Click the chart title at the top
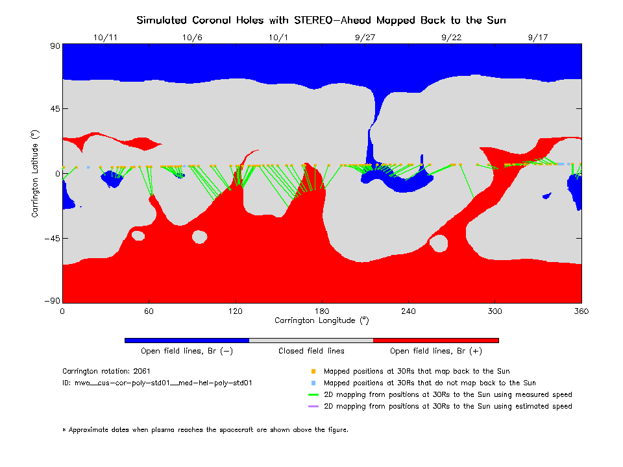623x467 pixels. (321, 20)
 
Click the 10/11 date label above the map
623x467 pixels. (105, 38)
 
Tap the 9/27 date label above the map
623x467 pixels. (365, 38)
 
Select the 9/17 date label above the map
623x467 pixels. (538, 38)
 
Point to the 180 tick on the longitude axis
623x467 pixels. (322, 311)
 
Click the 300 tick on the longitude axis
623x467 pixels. (495, 311)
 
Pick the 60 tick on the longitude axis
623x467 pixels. (149, 311)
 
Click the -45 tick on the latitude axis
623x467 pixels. (51, 239)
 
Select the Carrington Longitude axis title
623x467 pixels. (321, 320)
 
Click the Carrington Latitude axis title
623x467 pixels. (34, 173)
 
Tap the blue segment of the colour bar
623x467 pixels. (187, 340)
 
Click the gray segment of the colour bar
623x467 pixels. (311, 340)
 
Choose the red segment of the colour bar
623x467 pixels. (436, 340)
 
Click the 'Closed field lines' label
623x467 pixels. (311, 351)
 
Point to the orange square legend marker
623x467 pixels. (313, 372)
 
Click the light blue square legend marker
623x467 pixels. (313, 383)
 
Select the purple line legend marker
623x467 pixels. (313, 407)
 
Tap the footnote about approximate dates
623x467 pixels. (206, 429)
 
